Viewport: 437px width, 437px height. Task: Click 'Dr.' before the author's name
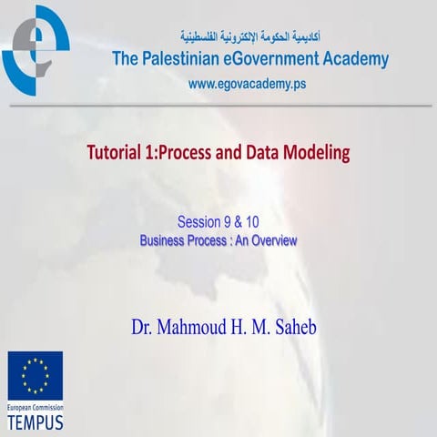tap(145, 326)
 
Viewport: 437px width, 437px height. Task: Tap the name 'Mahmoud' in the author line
tap(202, 326)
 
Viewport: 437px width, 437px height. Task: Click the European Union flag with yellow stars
tap(36, 376)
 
